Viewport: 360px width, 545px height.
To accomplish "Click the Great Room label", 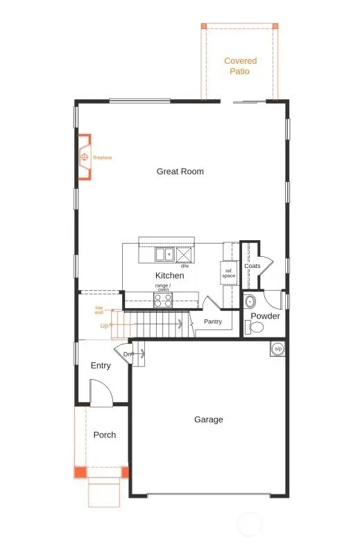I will click(180, 171).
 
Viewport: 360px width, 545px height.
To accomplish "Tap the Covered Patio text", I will click(240, 66).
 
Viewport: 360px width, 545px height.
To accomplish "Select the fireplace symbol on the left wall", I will click(85, 158).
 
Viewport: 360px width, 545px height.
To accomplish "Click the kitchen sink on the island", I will click(164, 255).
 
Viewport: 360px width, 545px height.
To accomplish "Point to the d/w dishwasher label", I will click(185, 266).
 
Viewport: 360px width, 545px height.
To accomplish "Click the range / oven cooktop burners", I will click(163, 300).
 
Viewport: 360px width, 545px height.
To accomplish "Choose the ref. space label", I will click(229, 273).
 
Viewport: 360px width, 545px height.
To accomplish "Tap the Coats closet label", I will click(252, 266).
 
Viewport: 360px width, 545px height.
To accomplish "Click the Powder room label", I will click(265, 316).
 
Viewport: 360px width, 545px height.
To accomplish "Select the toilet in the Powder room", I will click(250, 328).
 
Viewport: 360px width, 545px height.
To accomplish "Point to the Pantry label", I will click(212, 321).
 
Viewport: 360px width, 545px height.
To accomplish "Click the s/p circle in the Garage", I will click(278, 349).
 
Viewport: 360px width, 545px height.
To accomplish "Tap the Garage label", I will click(208, 419).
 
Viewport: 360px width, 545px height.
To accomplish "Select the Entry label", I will click(101, 366).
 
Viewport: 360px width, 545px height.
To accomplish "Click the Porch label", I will click(104, 435).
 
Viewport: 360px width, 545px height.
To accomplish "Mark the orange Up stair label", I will click(104, 325).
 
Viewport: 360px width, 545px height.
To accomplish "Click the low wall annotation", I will click(99, 310).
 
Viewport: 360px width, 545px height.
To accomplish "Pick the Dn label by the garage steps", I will click(128, 355).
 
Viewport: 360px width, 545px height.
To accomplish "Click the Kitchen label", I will click(169, 276).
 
